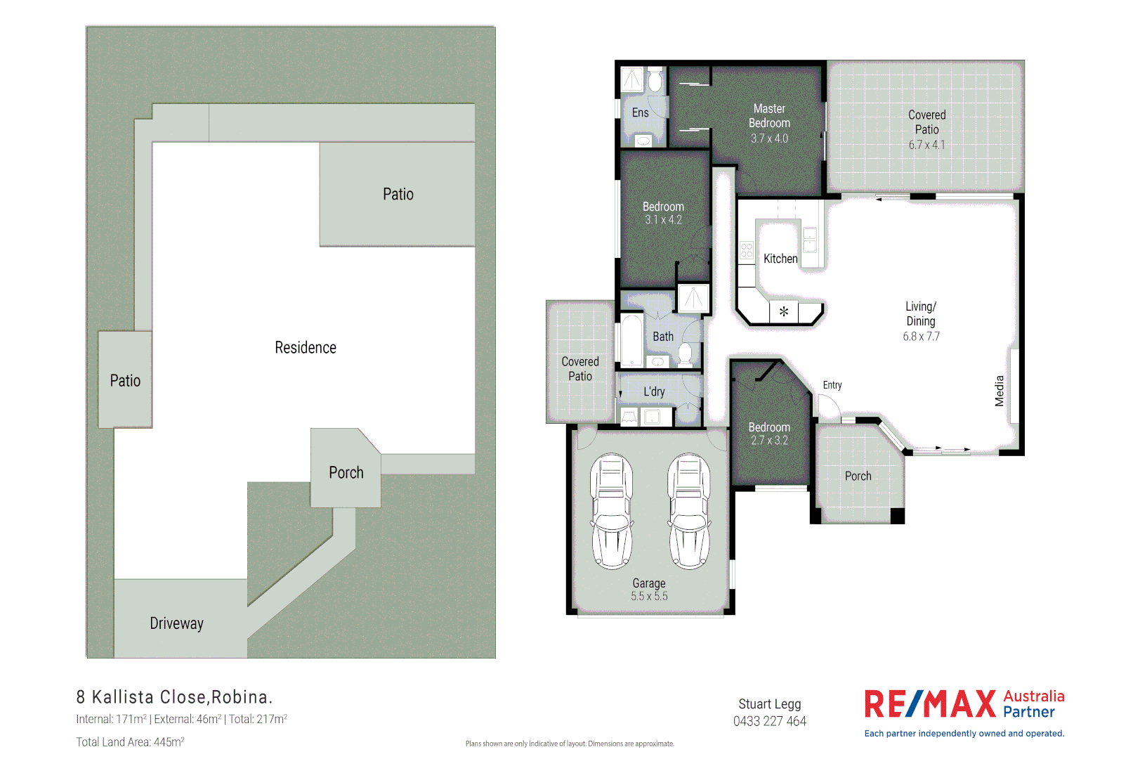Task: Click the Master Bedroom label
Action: [x=769, y=116]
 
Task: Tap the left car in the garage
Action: [x=611, y=511]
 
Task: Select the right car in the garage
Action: [x=688, y=511]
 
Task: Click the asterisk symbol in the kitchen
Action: [x=784, y=311]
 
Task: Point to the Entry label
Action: [x=832, y=385]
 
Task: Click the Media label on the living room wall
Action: [x=1000, y=391]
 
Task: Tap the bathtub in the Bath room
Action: [x=631, y=340]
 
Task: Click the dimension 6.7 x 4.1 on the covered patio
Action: [x=926, y=145]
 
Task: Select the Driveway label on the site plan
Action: [x=176, y=623]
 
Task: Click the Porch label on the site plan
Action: [x=346, y=472]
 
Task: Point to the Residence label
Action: [x=306, y=347]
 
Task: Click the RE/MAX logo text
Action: [x=930, y=704]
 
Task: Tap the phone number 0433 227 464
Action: [x=769, y=721]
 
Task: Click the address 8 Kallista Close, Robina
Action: [x=174, y=697]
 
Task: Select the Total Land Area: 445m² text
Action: [x=130, y=741]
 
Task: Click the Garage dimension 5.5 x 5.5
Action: [x=649, y=596]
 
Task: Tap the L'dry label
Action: [x=654, y=391]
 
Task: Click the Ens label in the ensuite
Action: [x=640, y=112]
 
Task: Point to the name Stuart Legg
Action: [x=769, y=703]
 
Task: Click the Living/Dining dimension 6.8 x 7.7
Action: [x=921, y=336]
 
